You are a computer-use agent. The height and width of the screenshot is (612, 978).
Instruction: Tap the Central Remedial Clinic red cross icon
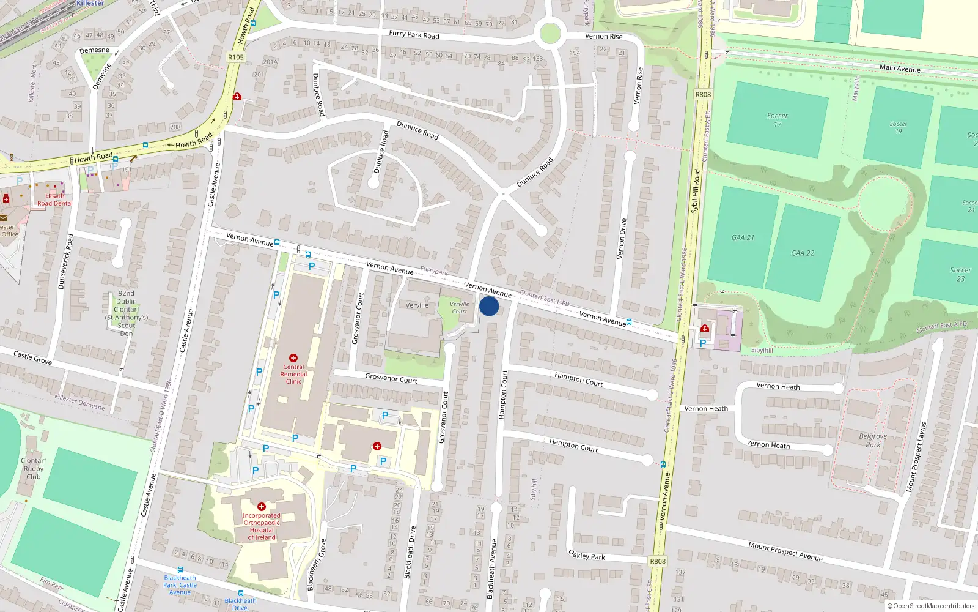293,358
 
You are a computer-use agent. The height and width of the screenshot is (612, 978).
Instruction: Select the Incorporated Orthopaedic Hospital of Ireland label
262,526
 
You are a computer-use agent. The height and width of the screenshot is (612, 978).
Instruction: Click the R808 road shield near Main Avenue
703,94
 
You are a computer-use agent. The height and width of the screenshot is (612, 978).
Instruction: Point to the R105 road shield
235,58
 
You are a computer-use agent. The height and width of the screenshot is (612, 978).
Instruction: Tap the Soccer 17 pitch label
778,120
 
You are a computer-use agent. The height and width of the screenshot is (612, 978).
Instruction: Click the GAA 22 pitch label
803,253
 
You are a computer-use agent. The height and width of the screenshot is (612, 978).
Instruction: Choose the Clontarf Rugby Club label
34,468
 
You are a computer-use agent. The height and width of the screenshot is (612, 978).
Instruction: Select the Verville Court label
459,307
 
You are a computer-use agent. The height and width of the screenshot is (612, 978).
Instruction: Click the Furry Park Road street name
414,34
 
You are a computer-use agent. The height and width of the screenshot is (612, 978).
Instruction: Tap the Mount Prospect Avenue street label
785,551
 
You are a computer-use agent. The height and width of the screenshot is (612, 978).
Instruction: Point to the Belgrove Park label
873,441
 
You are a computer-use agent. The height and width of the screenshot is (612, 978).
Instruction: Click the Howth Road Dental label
54,200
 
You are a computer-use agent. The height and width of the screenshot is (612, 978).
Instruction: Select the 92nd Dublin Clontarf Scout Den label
127,313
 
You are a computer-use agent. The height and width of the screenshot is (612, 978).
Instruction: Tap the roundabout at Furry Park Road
550,33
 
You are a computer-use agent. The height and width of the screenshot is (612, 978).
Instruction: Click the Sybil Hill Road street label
695,191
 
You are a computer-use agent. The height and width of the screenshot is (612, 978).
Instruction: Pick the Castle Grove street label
32,357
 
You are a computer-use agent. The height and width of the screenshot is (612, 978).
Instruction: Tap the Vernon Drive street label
623,239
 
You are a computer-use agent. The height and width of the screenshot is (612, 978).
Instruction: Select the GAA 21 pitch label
743,237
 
